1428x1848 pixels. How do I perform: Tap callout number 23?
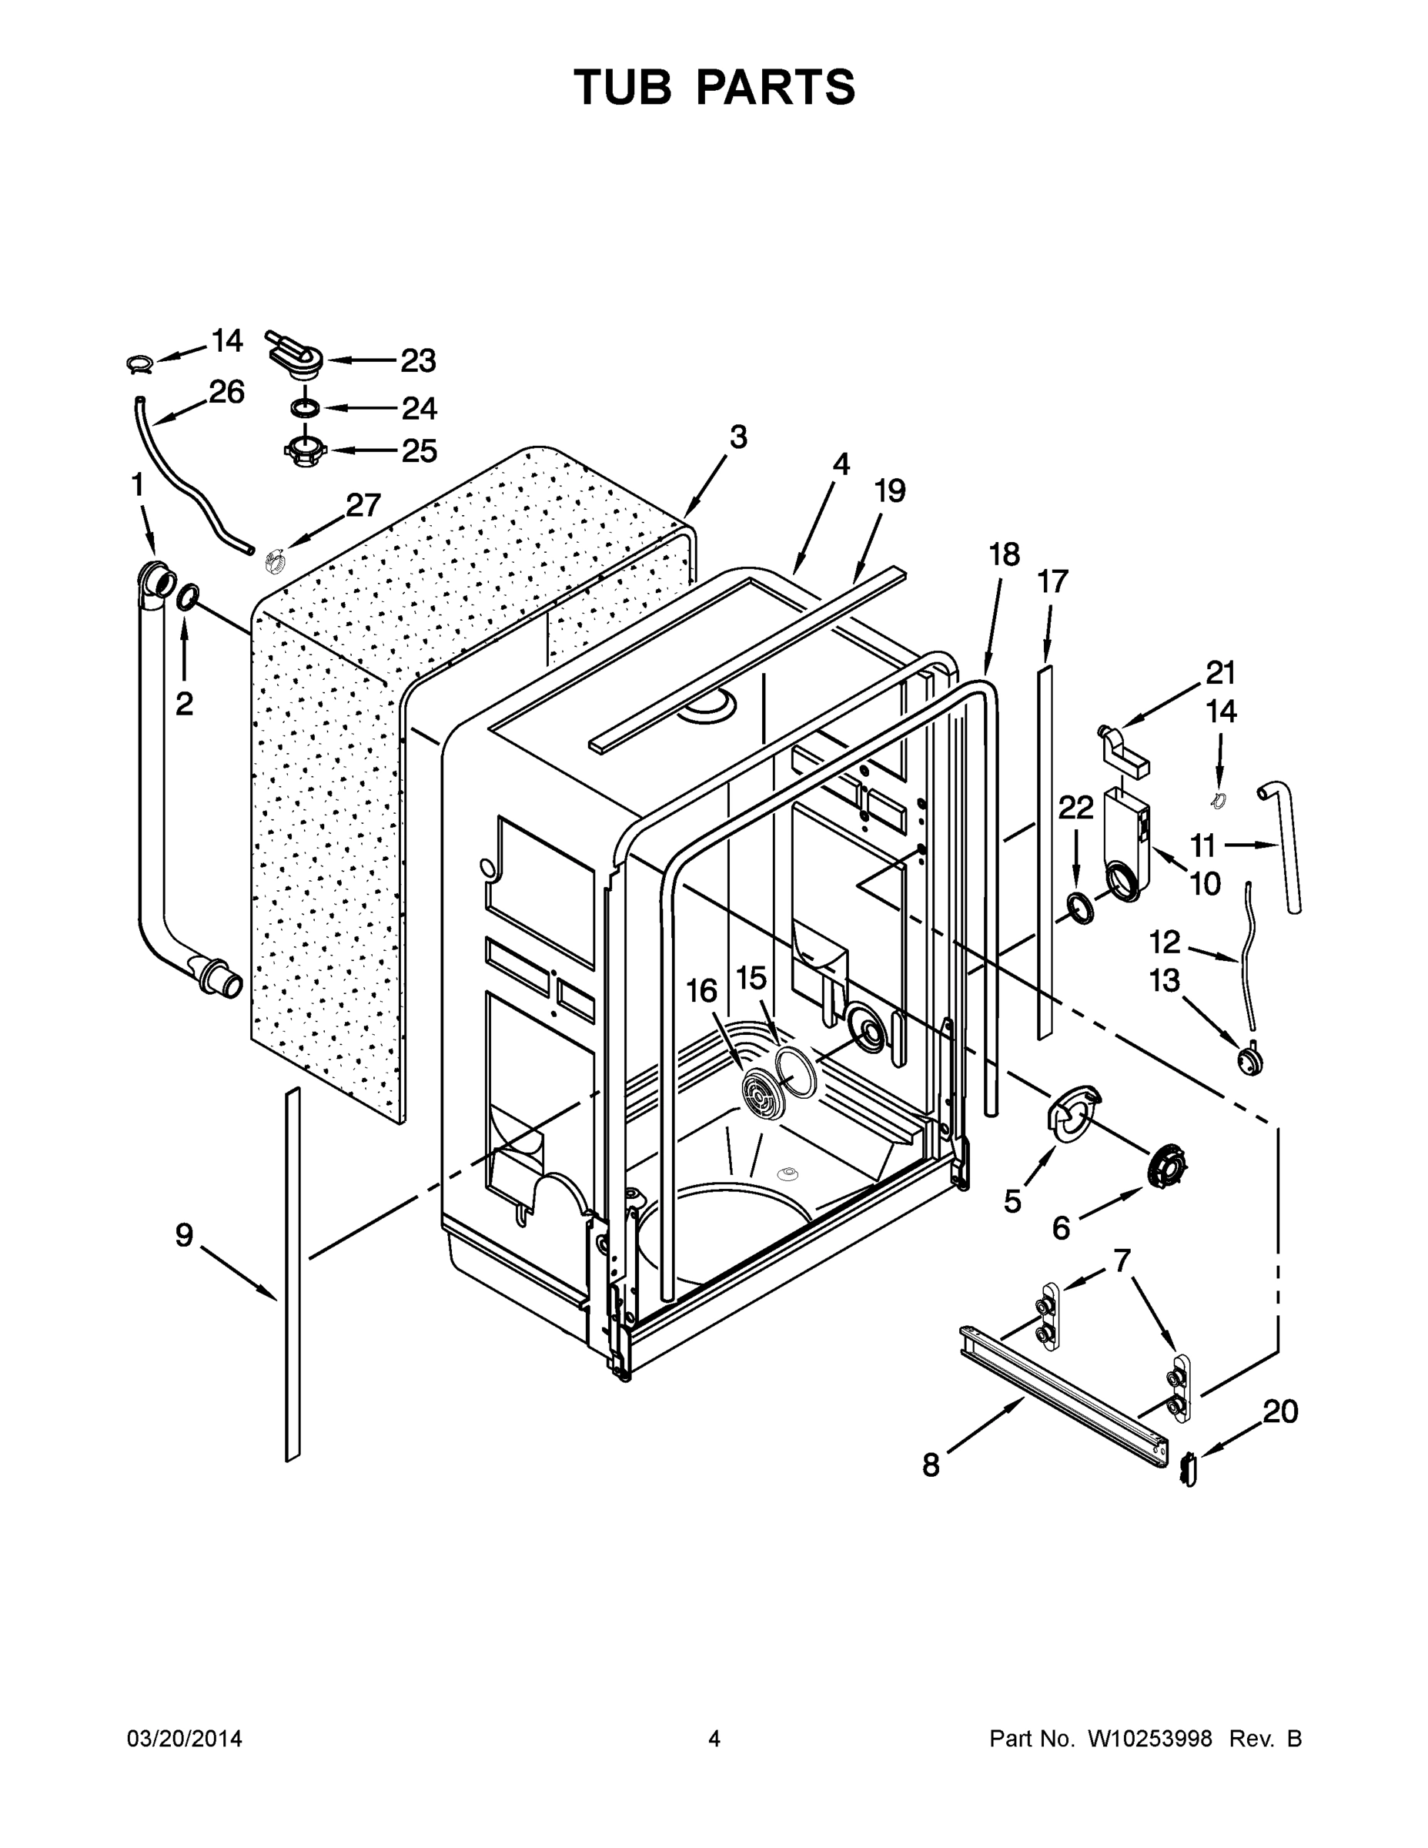point(418,361)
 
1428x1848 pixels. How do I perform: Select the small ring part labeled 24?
point(306,409)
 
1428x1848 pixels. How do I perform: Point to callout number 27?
point(364,506)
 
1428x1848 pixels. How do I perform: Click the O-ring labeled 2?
point(188,597)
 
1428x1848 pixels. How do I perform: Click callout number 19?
point(889,490)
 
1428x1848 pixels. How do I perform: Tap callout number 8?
point(931,1465)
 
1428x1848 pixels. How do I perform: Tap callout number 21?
point(1221,674)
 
